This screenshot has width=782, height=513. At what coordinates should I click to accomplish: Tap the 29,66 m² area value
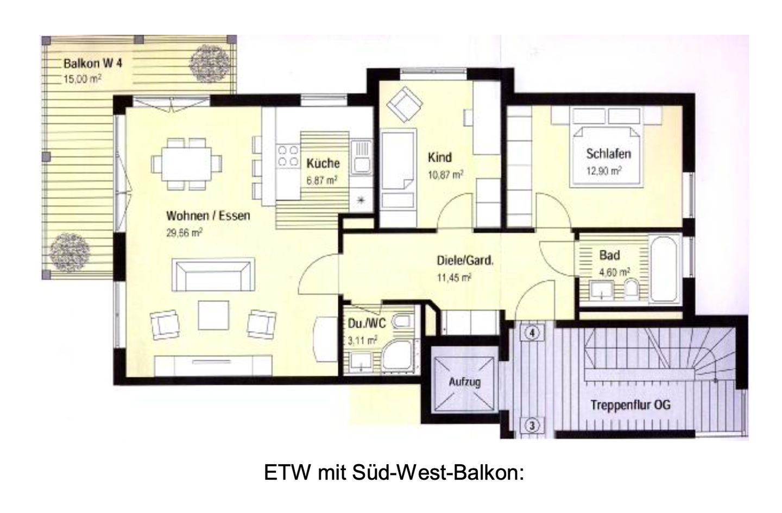click(185, 233)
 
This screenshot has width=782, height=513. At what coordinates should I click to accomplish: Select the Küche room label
click(323, 163)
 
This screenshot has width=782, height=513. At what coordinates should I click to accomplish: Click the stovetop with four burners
click(288, 155)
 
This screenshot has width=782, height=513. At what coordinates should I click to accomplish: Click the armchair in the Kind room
click(403, 103)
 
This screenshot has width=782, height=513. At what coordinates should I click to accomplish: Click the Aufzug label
click(464, 382)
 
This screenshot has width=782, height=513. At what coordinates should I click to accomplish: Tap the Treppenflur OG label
click(630, 405)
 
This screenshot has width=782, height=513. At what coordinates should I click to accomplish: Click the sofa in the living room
click(213, 275)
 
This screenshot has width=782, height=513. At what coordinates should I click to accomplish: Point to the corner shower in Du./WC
click(398, 356)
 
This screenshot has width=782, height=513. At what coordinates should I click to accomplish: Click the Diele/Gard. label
click(465, 261)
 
